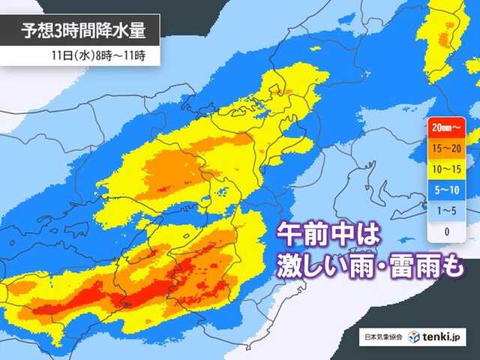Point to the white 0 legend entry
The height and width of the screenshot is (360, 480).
447,231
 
